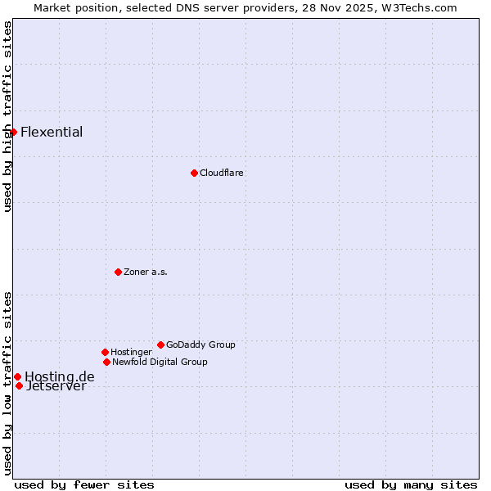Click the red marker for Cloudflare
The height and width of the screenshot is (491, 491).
click(194, 173)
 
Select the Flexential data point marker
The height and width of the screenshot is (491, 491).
click(13, 132)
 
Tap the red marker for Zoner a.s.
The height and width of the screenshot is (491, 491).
click(118, 272)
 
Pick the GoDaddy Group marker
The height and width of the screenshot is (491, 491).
click(160, 345)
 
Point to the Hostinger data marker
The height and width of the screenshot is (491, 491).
click(105, 352)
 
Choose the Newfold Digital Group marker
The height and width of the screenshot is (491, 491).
click(106, 362)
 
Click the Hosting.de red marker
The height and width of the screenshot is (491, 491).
click(17, 376)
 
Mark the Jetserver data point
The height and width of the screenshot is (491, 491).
click(19, 385)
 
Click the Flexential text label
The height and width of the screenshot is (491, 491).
click(52, 133)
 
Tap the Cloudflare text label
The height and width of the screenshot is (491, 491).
click(222, 173)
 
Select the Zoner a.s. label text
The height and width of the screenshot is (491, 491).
click(146, 273)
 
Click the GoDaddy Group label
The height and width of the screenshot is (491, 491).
click(200, 345)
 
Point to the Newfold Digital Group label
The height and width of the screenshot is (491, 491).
click(160, 363)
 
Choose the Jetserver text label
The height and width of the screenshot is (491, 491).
click(56, 387)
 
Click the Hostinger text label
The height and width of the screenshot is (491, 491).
click(131, 353)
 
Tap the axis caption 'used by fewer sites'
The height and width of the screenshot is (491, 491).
click(84, 485)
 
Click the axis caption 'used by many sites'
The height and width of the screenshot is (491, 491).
click(411, 485)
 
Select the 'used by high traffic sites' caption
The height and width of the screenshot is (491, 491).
click(7, 116)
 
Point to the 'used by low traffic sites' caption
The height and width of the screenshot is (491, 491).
click(7, 382)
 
